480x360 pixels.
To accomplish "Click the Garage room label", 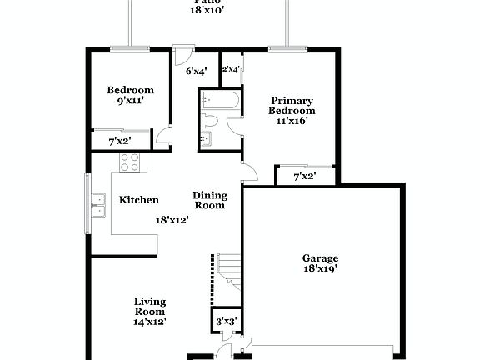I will tap(320, 257).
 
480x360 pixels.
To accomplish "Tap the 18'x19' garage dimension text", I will tap(320, 269).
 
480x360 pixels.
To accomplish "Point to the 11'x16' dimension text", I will tap(292, 121).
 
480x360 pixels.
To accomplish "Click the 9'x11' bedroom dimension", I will tap(131, 101).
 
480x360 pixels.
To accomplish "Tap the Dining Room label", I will tap(210, 200).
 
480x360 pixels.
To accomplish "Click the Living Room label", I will tap(150, 306).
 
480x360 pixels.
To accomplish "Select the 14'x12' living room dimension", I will tap(150, 321).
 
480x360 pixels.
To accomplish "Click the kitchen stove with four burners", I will tap(129, 162).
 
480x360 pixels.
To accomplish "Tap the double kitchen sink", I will tap(99, 203).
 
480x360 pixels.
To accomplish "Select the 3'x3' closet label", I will tap(226, 321).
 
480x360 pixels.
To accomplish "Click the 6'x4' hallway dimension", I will tap(195, 72).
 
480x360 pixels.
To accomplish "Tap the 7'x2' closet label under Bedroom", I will tap(120, 142).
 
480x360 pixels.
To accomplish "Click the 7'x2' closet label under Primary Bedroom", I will tap(306, 177).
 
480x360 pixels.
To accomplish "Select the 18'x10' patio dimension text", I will tap(204, 10).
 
